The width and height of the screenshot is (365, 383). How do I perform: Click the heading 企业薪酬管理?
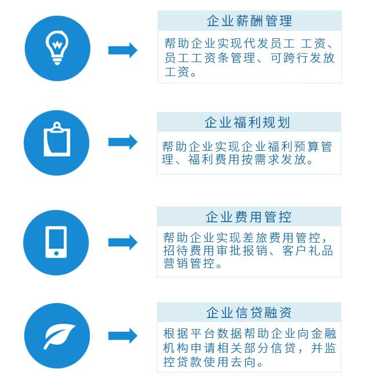click(x=249, y=21)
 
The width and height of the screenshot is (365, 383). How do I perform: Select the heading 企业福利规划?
click(x=247, y=122)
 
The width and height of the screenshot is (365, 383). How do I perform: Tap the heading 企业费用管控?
click(x=249, y=217)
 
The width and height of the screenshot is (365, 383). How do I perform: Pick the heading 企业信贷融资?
click(x=249, y=313)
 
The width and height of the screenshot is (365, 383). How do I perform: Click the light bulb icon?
click(x=57, y=48)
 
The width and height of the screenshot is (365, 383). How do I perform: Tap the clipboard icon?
click(x=57, y=139)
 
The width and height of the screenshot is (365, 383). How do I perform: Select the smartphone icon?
click(x=56, y=242)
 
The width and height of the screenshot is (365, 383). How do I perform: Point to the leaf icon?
click(x=59, y=336)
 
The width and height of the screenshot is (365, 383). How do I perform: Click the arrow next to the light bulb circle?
click(x=123, y=50)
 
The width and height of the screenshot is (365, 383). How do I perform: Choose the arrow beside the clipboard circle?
click(x=123, y=142)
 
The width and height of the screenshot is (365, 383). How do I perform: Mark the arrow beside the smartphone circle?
click(x=123, y=243)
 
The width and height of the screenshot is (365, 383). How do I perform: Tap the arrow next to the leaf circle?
click(x=123, y=335)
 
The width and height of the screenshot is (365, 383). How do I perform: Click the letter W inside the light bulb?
click(x=57, y=45)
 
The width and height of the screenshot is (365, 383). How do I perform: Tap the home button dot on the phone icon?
click(x=56, y=253)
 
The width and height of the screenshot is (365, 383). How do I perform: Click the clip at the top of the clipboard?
click(x=57, y=127)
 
